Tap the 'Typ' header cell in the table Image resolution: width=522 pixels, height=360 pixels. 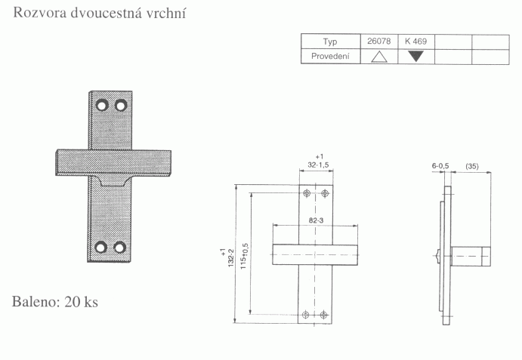[329, 42]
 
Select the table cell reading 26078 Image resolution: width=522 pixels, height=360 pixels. [378, 42]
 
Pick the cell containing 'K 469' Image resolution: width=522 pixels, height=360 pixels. [416, 42]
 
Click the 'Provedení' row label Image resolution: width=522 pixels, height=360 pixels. [329, 57]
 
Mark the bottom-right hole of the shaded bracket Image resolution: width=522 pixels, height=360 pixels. [119, 247]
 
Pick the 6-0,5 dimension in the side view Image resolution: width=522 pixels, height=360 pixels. [440, 165]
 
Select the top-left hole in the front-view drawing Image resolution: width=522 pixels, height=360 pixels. [306, 194]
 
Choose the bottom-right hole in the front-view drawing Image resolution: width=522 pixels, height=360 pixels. [325, 314]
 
